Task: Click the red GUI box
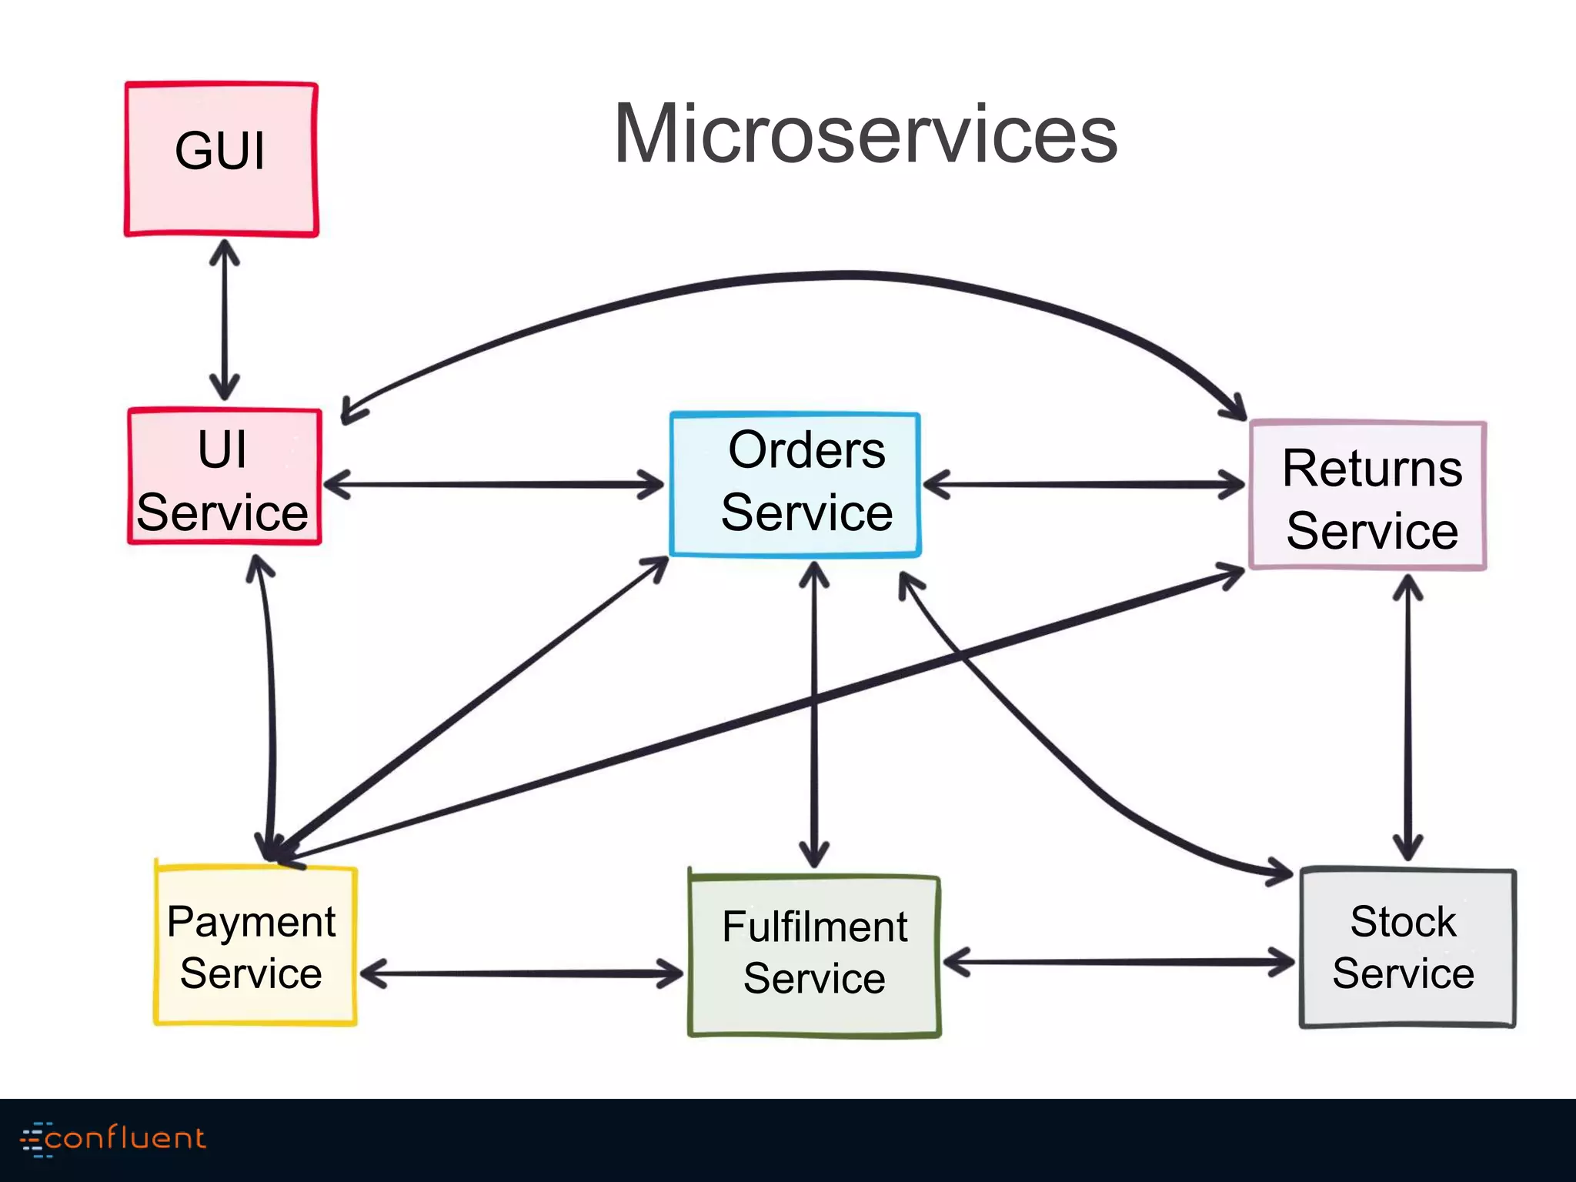[221, 159]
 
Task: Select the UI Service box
[224, 477]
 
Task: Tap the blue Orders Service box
[795, 483]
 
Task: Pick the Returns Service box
[1367, 496]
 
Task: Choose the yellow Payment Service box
[255, 947]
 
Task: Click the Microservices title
[865, 134]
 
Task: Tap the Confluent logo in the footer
[114, 1138]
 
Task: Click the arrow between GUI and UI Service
[224, 319]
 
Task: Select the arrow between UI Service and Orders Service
[492, 485]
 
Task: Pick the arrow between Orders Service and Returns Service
[1083, 485]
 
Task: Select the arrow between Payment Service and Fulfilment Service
[522, 973]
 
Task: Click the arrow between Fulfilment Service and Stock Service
[1119, 962]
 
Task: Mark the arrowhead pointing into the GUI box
[224, 251]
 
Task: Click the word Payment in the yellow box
[251, 922]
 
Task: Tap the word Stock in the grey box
[1403, 921]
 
